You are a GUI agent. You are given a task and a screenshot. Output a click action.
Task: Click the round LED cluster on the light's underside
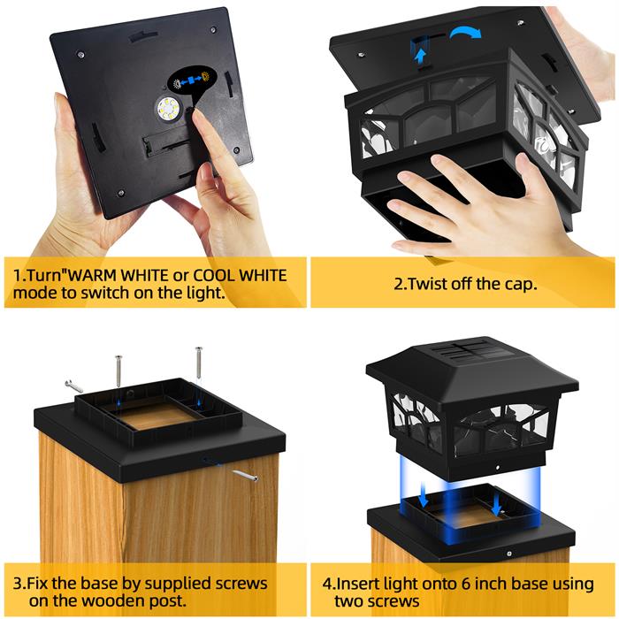(x=169, y=108)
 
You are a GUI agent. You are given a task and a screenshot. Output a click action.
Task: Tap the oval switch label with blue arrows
(x=192, y=79)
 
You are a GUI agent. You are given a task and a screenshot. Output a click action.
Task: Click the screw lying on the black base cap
(x=74, y=386)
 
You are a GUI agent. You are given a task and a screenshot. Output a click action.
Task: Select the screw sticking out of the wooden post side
(x=245, y=476)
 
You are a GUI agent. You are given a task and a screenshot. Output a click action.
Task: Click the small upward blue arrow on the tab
(x=421, y=56)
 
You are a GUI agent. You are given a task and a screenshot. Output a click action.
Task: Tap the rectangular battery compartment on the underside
(x=168, y=144)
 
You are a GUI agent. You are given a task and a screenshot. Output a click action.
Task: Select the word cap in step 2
(x=523, y=285)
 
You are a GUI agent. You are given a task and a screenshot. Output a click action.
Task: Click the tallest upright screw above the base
(x=199, y=362)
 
